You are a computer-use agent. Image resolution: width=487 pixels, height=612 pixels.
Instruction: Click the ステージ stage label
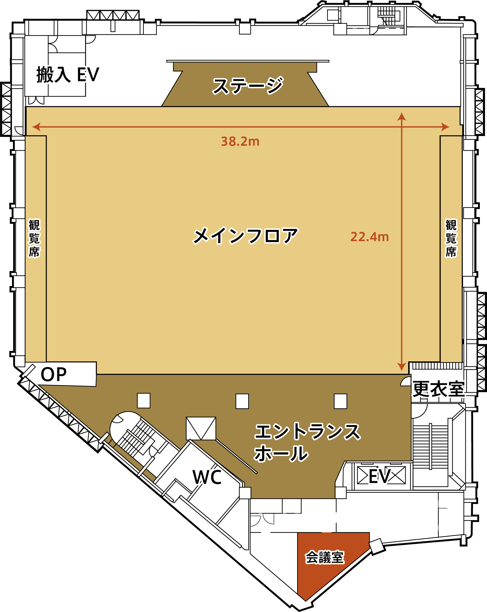coord(248,85)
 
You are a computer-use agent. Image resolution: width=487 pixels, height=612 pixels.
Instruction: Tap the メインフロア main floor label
coord(246,236)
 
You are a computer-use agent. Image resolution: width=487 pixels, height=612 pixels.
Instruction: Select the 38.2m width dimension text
coord(240,141)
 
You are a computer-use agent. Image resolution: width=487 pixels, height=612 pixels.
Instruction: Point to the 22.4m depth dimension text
coord(370,237)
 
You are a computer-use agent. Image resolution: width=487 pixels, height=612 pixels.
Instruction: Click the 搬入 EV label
coord(68,75)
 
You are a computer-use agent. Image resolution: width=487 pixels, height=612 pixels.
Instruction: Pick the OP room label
coord(54,374)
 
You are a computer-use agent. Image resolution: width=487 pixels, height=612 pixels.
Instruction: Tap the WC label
coord(207,477)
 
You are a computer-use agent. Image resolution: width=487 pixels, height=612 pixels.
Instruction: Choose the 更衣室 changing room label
coord(438,389)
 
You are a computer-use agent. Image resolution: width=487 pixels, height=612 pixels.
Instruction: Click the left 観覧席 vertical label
coord(34,238)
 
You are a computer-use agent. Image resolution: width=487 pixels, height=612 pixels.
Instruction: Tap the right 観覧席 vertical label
coord(451,238)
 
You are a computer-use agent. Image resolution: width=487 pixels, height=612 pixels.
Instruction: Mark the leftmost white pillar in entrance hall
coord(144,401)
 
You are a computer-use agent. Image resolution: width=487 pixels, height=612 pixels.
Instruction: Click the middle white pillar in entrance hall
coord(242,401)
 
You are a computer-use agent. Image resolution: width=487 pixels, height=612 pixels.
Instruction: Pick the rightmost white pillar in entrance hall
coord(340,401)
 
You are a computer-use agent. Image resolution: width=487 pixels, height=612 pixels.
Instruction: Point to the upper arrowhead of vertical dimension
coord(402,116)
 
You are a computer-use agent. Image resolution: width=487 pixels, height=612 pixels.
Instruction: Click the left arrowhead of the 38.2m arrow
coord(36,127)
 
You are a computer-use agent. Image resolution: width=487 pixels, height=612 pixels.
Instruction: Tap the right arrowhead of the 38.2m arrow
coord(445,127)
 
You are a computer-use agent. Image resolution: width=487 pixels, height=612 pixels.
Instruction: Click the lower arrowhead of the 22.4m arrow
coord(402,367)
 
